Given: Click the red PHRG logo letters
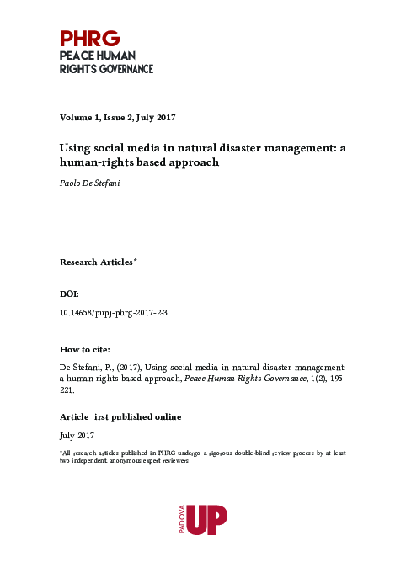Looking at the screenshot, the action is (90, 39).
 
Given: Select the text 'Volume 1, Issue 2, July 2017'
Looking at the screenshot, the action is (117, 117).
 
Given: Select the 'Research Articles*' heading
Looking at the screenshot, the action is (98, 262).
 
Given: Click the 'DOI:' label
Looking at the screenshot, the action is (70, 295).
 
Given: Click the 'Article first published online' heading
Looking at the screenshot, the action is (120, 417).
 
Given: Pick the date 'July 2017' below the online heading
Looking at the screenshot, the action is (77, 436).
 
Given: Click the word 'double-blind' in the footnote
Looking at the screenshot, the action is (247, 453).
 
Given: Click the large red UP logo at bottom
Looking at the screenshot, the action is (208, 518).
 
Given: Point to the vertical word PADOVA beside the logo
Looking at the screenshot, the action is (178, 519).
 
